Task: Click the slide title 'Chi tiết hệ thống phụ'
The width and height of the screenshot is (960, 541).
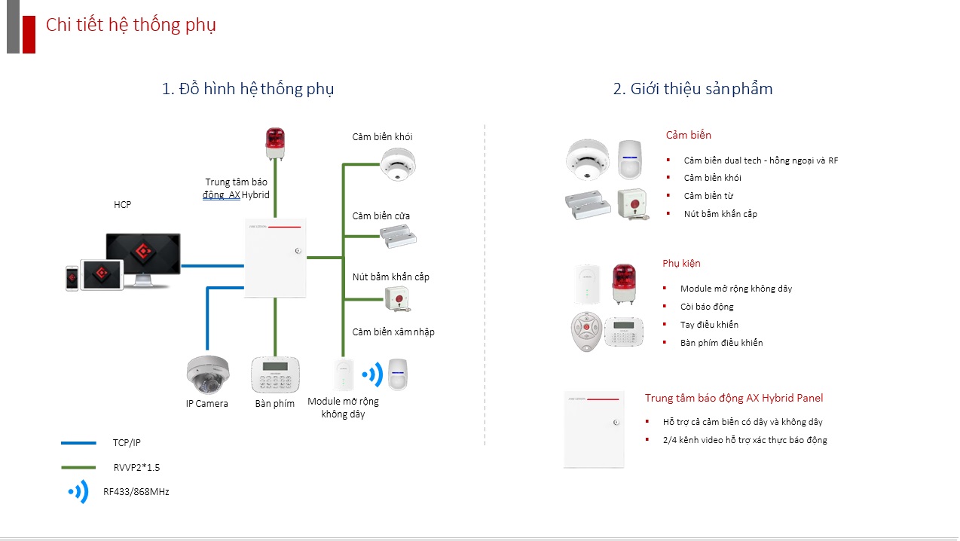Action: tap(130, 25)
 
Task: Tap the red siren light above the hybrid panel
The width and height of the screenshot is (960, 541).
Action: tap(275, 142)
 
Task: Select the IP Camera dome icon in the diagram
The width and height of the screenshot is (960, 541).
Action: tap(207, 374)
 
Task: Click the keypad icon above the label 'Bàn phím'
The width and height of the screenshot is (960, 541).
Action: tap(275, 374)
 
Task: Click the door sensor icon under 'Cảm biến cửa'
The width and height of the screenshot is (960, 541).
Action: tap(397, 236)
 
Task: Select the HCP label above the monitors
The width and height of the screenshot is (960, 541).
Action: tap(122, 205)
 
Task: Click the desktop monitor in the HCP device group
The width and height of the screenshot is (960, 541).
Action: tap(143, 256)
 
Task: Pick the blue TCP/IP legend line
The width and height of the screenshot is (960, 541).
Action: tap(78, 443)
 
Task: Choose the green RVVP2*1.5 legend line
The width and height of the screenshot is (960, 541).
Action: tap(78, 468)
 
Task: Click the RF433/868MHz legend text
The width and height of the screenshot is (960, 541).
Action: tap(136, 492)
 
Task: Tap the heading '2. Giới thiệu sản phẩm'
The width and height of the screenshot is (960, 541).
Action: tap(692, 89)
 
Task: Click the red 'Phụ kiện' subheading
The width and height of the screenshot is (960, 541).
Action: tap(681, 264)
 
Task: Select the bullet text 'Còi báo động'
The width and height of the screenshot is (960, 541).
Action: tap(707, 307)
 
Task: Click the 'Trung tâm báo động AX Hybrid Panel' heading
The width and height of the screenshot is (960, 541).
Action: tap(734, 398)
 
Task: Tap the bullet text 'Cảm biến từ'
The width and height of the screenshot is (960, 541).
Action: tap(708, 196)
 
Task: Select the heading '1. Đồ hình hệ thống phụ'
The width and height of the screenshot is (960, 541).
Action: tap(248, 89)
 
